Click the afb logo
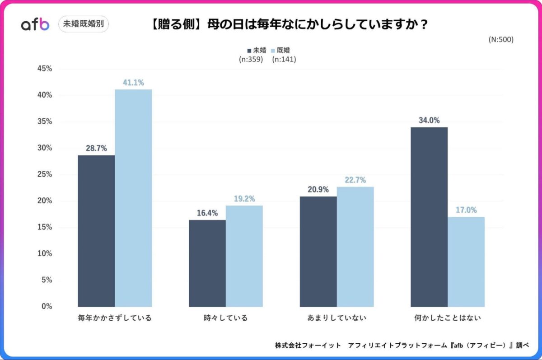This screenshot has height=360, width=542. (x=35, y=24)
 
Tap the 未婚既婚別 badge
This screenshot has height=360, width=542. (x=84, y=24)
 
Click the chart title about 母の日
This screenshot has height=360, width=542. (x=289, y=24)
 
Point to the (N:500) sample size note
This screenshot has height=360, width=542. (x=501, y=39)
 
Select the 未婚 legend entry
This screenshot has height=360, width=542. (x=257, y=50)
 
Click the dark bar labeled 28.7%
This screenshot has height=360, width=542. (x=96, y=231)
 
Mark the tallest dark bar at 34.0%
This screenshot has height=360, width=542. (x=429, y=217)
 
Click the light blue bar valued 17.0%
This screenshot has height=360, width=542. (x=466, y=262)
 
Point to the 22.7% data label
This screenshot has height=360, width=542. (x=355, y=180)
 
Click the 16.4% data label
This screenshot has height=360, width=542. (x=207, y=213)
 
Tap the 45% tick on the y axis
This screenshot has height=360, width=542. (x=44, y=69)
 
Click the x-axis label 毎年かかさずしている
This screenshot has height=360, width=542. (x=115, y=318)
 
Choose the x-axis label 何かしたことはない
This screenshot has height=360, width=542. (x=448, y=318)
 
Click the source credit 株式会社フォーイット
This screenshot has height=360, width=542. (x=308, y=345)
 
